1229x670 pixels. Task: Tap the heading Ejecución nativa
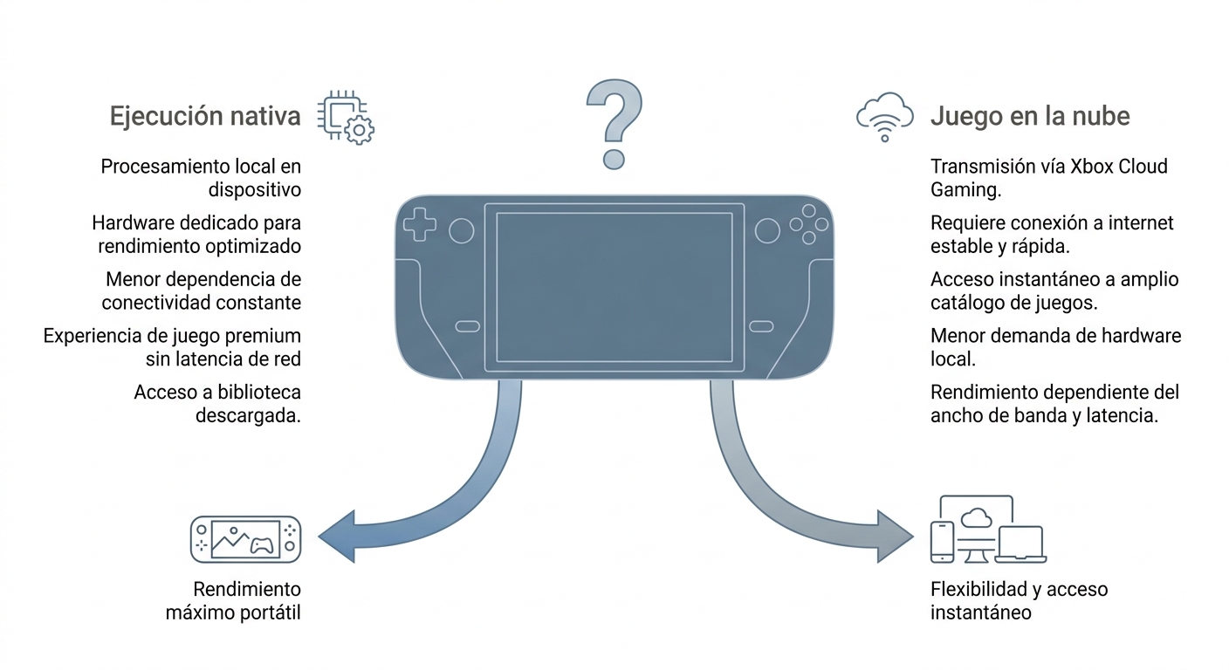click(205, 116)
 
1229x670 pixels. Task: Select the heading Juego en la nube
click(1030, 116)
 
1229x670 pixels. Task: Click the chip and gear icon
click(346, 117)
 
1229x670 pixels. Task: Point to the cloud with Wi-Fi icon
click(885, 117)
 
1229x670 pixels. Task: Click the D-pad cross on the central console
click(420, 224)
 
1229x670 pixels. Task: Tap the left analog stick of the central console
click(462, 231)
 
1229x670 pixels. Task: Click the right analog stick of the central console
click(767, 231)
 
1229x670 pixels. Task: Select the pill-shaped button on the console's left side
click(468, 327)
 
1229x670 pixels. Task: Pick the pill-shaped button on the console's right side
click(761, 327)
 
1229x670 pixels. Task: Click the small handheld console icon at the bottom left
click(246, 539)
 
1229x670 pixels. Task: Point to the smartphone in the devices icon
click(942, 542)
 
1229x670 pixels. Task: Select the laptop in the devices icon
click(1020, 544)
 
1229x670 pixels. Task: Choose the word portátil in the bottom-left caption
click(269, 613)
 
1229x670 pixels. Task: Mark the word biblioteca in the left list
click(259, 393)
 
